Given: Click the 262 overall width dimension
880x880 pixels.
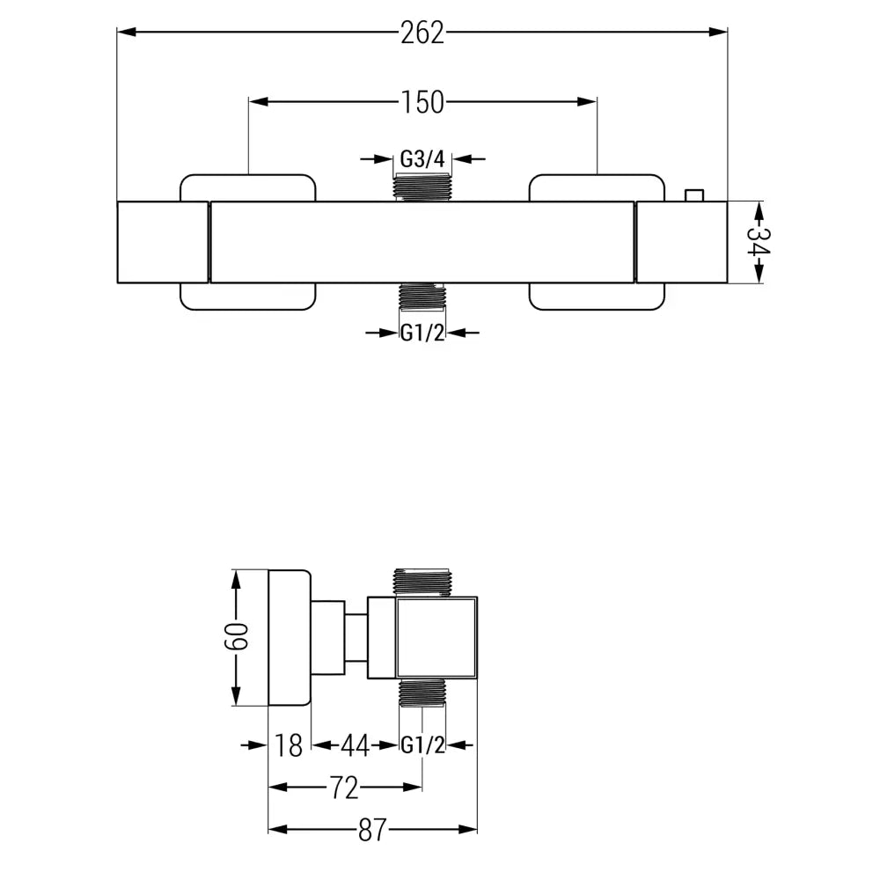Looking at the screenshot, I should [x=422, y=33].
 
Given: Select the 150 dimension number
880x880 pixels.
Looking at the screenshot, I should [x=422, y=102].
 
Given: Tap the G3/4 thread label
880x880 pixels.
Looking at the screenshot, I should [x=423, y=159].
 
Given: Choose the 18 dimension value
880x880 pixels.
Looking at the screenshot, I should [x=289, y=745].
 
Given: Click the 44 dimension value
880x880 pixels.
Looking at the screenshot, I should [x=354, y=745].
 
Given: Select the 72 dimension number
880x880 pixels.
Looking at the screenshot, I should [x=345, y=788].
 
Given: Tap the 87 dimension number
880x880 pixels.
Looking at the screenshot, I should [x=372, y=829].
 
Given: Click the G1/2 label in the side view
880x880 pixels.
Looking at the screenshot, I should [x=422, y=745].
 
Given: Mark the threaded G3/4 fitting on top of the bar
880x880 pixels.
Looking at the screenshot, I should [x=423, y=187].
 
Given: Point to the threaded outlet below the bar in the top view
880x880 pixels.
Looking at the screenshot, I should [x=422, y=297].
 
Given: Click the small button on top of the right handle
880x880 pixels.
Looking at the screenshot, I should [x=695, y=194].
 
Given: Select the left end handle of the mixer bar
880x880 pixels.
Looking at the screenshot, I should [x=163, y=242].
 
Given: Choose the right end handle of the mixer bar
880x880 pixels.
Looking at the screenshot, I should [x=680, y=242].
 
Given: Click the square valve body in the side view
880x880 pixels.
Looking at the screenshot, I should [x=437, y=639].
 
